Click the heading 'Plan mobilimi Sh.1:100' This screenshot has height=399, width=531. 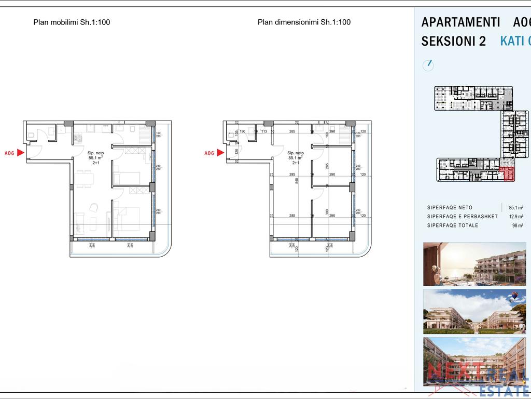[x=72, y=22]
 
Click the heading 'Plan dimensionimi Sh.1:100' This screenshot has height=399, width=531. [x=304, y=22]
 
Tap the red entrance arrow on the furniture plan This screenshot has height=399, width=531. [x=21, y=153]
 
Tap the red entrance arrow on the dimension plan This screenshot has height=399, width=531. [x=221, y=153]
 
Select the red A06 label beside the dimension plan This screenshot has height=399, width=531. [x=209, y=153]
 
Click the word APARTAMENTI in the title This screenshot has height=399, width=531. [x=460, y=22]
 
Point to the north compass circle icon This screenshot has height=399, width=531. [x=428, y=65]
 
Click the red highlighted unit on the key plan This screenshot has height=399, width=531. [x=508, y=175]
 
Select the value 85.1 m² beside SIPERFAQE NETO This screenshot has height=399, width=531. [x=515, y=208]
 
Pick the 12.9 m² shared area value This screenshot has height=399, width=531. [x=515, y=217]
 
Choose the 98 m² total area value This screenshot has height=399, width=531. [x=518, y=225]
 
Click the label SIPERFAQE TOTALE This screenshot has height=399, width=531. [x=453, y=225]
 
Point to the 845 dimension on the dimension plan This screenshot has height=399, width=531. [x=297, y=181]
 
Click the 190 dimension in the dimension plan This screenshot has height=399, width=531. [x=242, y=132]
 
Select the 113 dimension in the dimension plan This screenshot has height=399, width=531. [x=264, y=132]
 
